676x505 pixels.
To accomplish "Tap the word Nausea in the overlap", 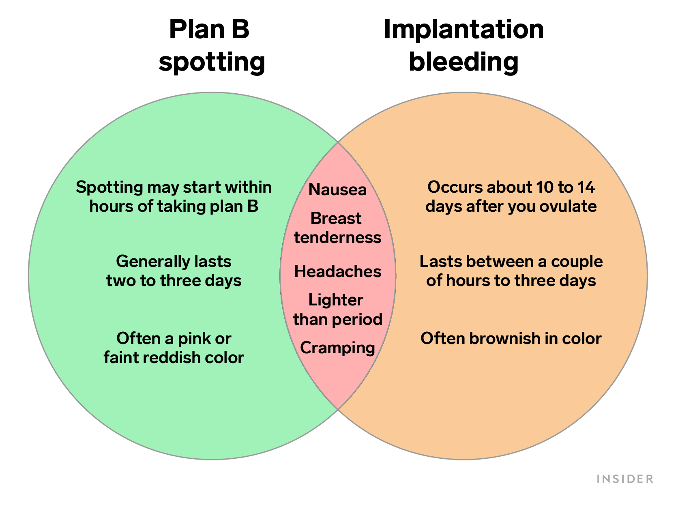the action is pos(337,189).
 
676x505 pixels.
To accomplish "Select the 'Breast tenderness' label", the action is pos(337,228).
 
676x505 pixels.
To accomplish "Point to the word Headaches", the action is pos(337,271).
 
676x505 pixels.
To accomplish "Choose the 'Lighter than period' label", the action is pos(337,309).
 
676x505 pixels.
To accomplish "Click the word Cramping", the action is pos(337,348).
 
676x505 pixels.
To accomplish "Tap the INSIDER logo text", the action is pos(625,479).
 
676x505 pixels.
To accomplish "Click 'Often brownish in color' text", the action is pos(511,338).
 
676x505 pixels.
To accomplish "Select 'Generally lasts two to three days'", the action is pos(174,271).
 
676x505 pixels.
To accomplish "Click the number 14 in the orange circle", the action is pos(586,187).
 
